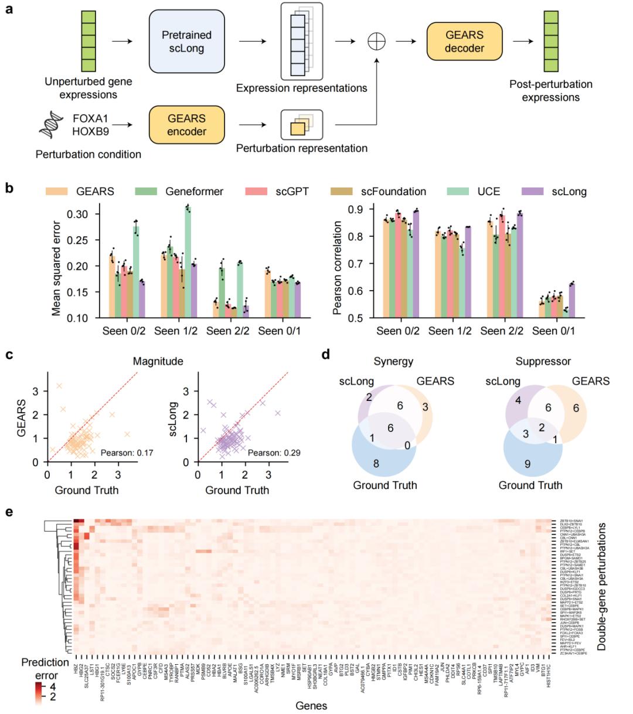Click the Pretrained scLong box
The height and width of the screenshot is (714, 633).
point(187,42)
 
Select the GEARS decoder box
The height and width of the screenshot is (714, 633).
point(457,42)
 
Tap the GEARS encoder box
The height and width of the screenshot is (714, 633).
point(187,125)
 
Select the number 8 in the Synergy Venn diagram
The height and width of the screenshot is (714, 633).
point(376,464)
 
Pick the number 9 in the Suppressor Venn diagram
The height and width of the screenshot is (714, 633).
point(527,464)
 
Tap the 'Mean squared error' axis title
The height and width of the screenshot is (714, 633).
point(56,261)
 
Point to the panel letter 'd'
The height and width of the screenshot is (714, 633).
point(325,355)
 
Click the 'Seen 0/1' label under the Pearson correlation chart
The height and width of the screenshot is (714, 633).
point(554,331)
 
